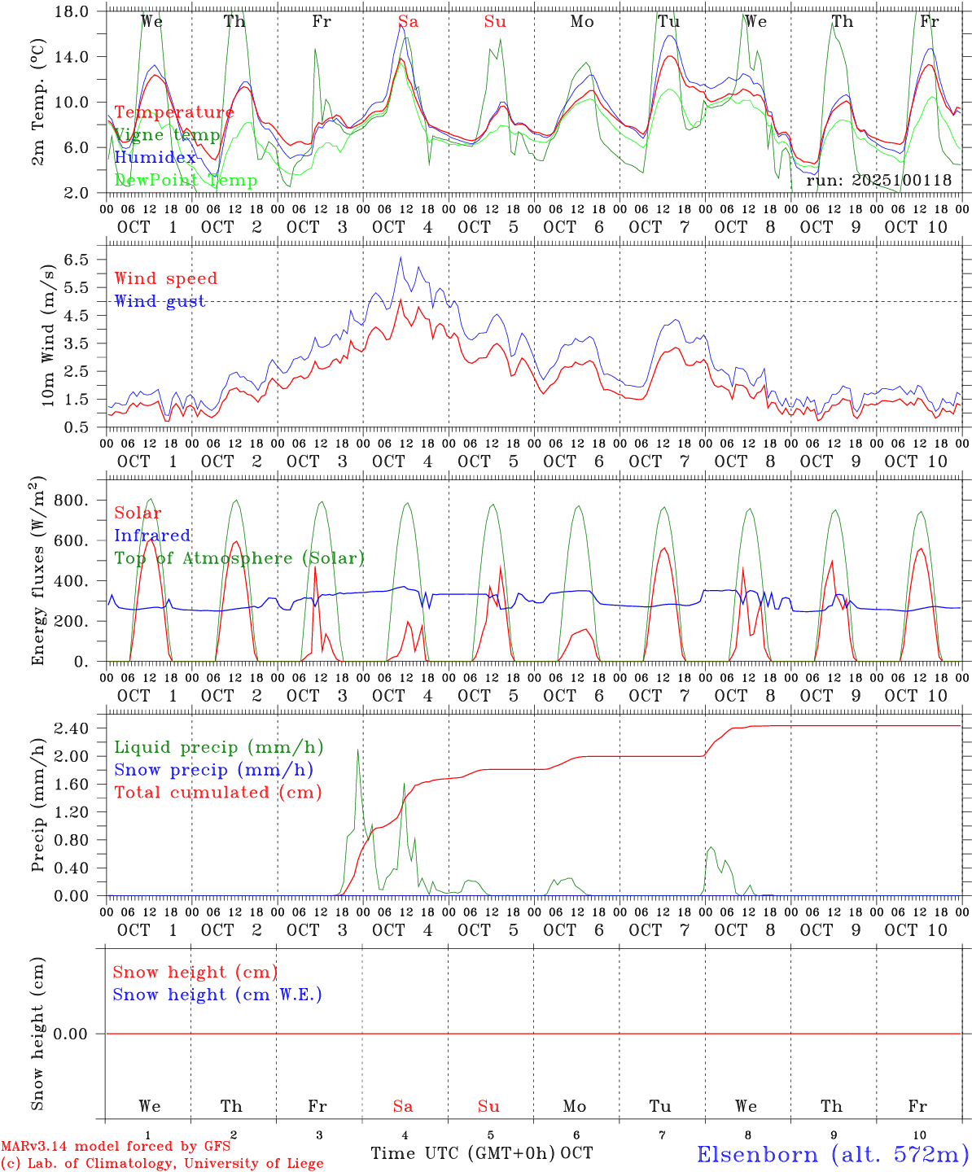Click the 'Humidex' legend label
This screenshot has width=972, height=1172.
coord(155,158)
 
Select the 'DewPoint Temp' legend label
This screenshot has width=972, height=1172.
coord(186,181)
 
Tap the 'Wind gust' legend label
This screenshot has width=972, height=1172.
coord(160,301)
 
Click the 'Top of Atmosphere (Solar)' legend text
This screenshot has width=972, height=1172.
coord(239,558)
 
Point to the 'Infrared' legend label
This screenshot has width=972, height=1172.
coord(152,536)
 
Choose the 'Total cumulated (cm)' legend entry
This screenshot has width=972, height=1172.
coord(218,792)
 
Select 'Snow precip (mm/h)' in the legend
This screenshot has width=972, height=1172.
coord(214,770)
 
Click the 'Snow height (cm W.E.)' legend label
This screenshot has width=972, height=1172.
coord(217,995)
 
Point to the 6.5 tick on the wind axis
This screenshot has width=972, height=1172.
coord(79,260)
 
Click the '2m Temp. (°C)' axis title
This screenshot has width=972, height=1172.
coord(38,112)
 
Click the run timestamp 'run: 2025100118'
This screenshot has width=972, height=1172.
coord(878,181)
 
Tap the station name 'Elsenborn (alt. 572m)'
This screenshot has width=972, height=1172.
coord(832,1154)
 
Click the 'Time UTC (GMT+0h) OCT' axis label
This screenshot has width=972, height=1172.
coord(482,1153)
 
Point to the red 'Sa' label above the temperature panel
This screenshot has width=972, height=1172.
coord(408,22)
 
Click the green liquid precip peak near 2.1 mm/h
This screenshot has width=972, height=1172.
coord(358,750)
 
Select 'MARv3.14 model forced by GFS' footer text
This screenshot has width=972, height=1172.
coord(116,1147)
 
